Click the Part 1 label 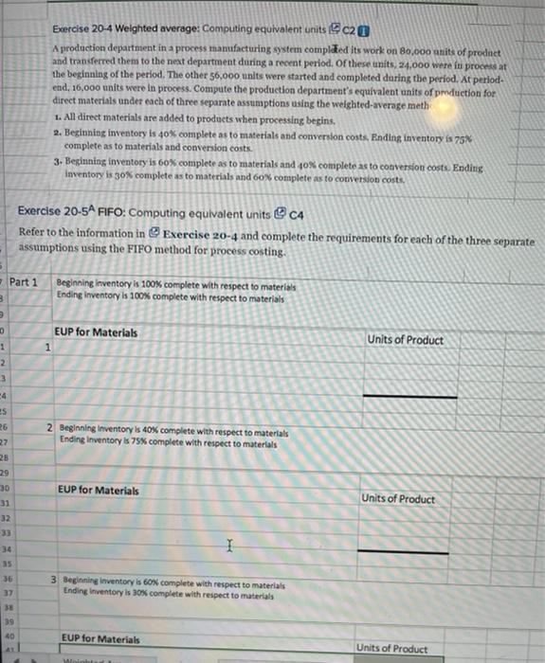point(24,282)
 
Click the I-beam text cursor point(228,543)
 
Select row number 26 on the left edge point(5,431)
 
